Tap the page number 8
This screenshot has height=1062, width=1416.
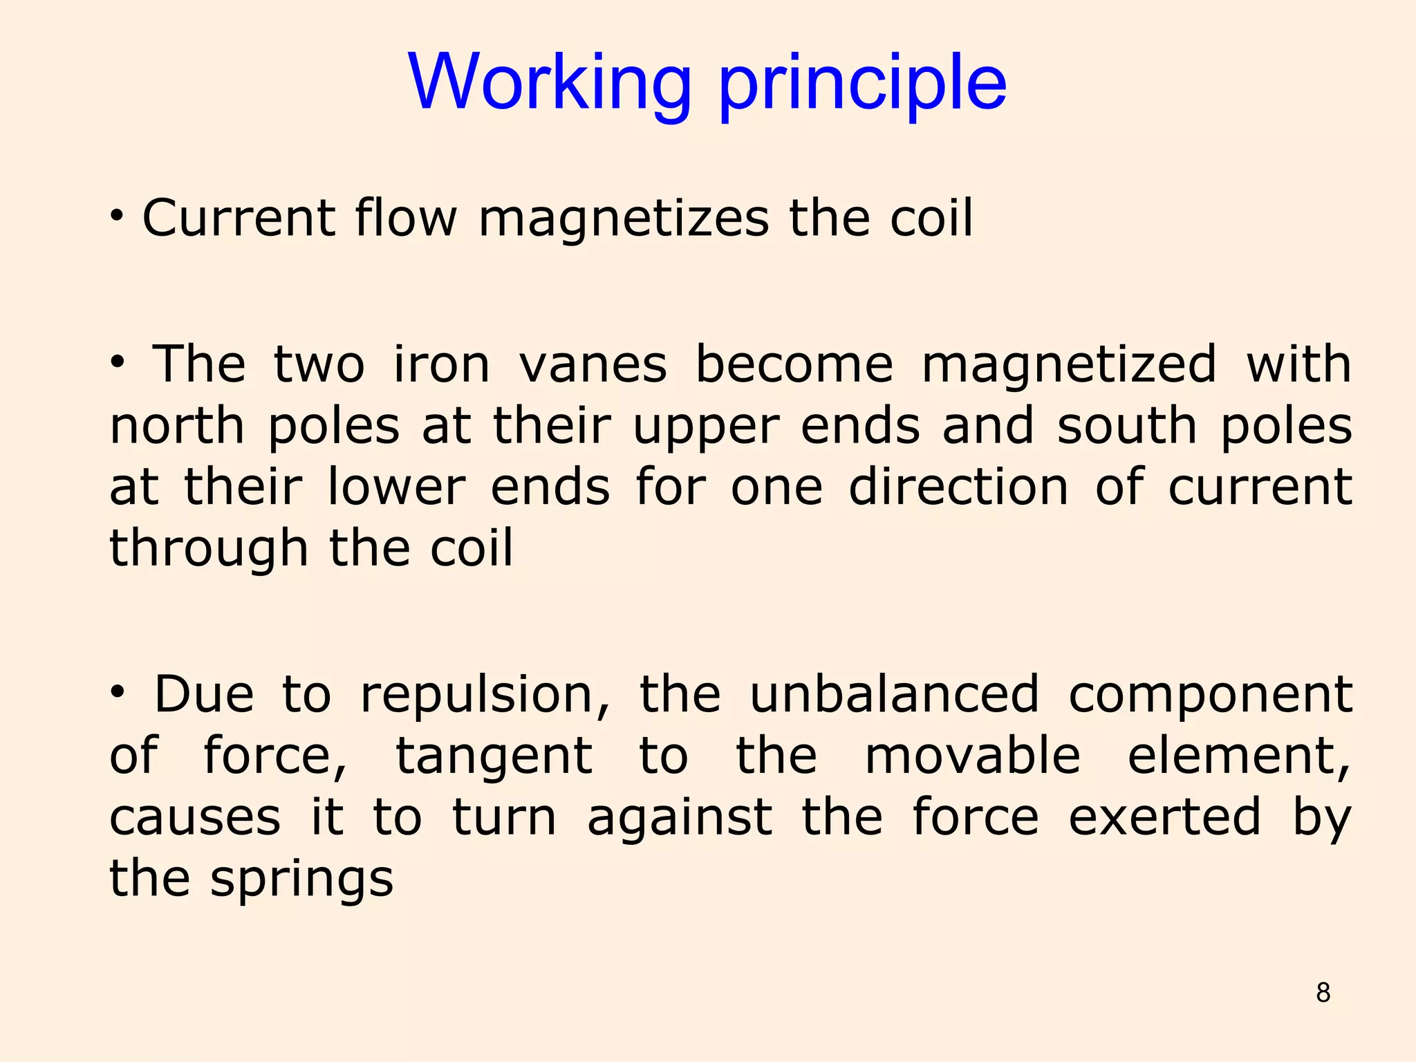pyautogui.click(x=1323, y=993)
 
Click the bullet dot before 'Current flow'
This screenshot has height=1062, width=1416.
pyautogui.click(x=118, y=217)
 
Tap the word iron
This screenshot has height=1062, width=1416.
pyautogui.click(x=441, y=364)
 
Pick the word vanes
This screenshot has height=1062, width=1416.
pyautogui.click(x=593, y=365)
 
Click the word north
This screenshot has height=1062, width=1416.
pyautogui.click(x=177, y=426)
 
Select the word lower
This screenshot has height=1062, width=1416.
pyautogui.click(x=396, y=487)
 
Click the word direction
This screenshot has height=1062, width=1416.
pyautogui.click(x=958, y=487)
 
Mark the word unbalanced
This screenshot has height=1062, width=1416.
pyautogui.click(x=895, y=694)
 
